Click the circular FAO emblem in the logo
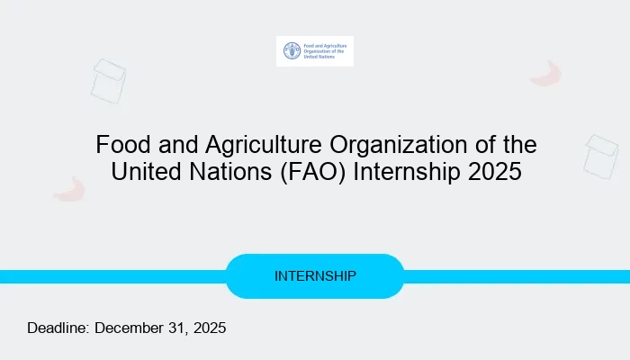tap(291, 51)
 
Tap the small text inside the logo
tap(322, 51)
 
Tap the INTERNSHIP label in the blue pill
tap(315, 275)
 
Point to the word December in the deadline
tap(130, 328)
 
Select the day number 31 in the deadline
tap(180, 328)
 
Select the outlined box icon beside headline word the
tap(600, 156)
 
